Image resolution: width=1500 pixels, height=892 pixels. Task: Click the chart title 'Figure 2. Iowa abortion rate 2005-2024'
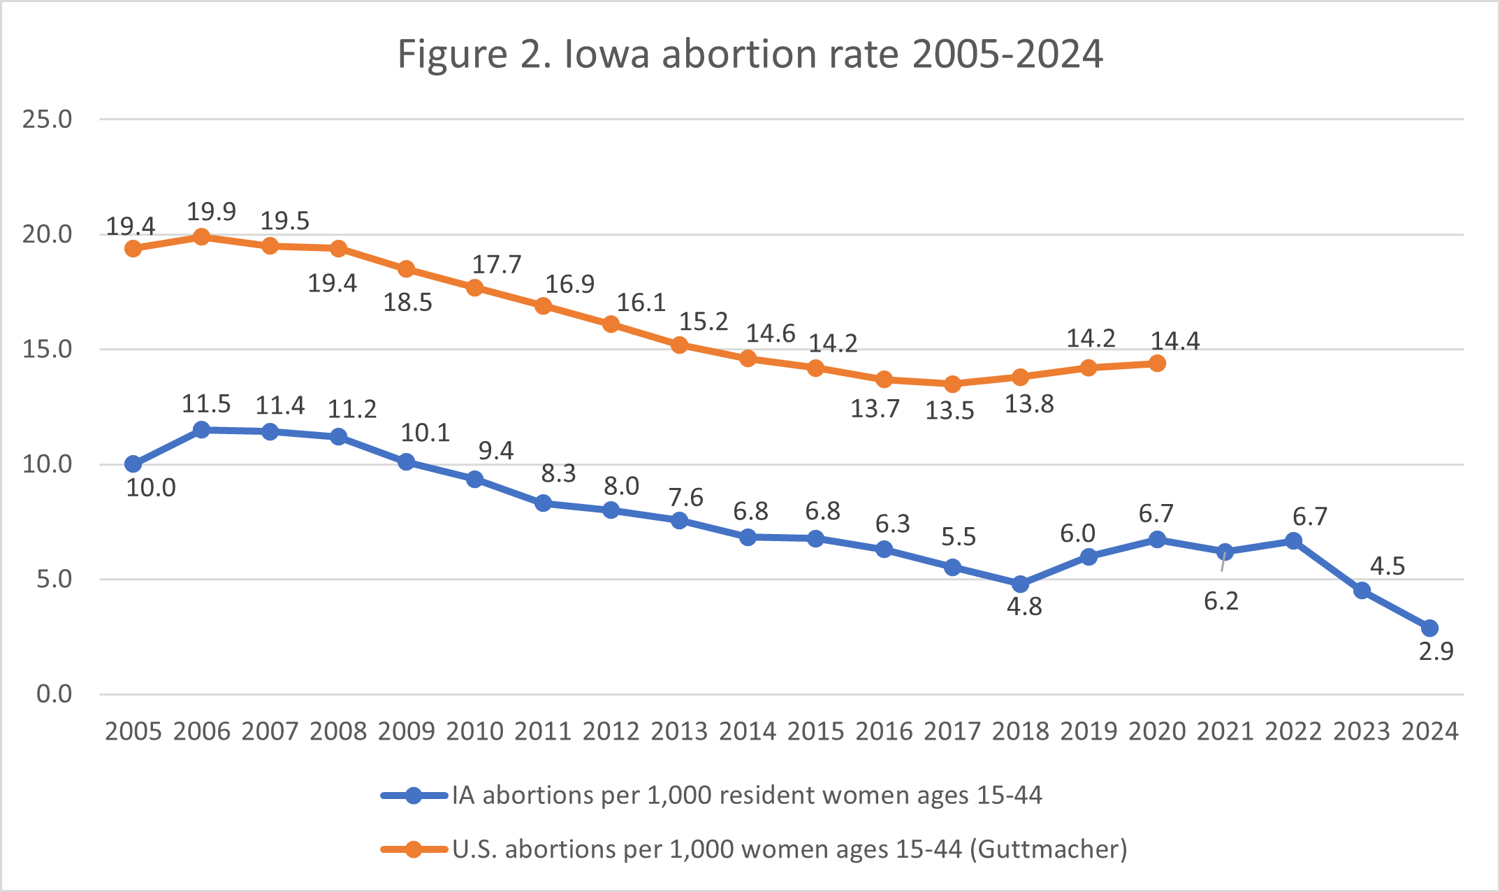[750, 54]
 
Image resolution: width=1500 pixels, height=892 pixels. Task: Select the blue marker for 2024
[1429, 628]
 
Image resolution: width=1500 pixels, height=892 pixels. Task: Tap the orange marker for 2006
[201, 237]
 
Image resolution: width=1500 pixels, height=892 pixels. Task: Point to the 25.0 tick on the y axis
[47, 120]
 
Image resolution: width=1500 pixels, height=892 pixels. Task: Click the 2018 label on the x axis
[1020, 731]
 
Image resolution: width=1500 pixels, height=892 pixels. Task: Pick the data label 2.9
[1436, 652]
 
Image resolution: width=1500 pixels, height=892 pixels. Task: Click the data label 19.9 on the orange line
[211, 211]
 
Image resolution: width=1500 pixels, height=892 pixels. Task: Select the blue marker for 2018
[1020, 584]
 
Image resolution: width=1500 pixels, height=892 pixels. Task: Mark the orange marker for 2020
[1157, 364]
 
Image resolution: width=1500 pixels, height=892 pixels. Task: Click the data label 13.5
[949, 411]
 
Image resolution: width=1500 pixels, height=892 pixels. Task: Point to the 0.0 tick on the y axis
[54, 694]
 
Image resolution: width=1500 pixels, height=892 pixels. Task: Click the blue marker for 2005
[133, 464]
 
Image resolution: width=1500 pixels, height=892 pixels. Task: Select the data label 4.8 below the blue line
[1024, 607]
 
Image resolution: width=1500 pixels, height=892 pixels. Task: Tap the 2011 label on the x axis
[543, 731]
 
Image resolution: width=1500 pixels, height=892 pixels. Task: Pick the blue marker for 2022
[1293, 541]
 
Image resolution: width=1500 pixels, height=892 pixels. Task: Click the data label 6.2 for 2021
[1221, 601]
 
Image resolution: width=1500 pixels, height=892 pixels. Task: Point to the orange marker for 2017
[952, 384]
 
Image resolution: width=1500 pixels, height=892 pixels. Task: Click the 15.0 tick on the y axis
[47, 350]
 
